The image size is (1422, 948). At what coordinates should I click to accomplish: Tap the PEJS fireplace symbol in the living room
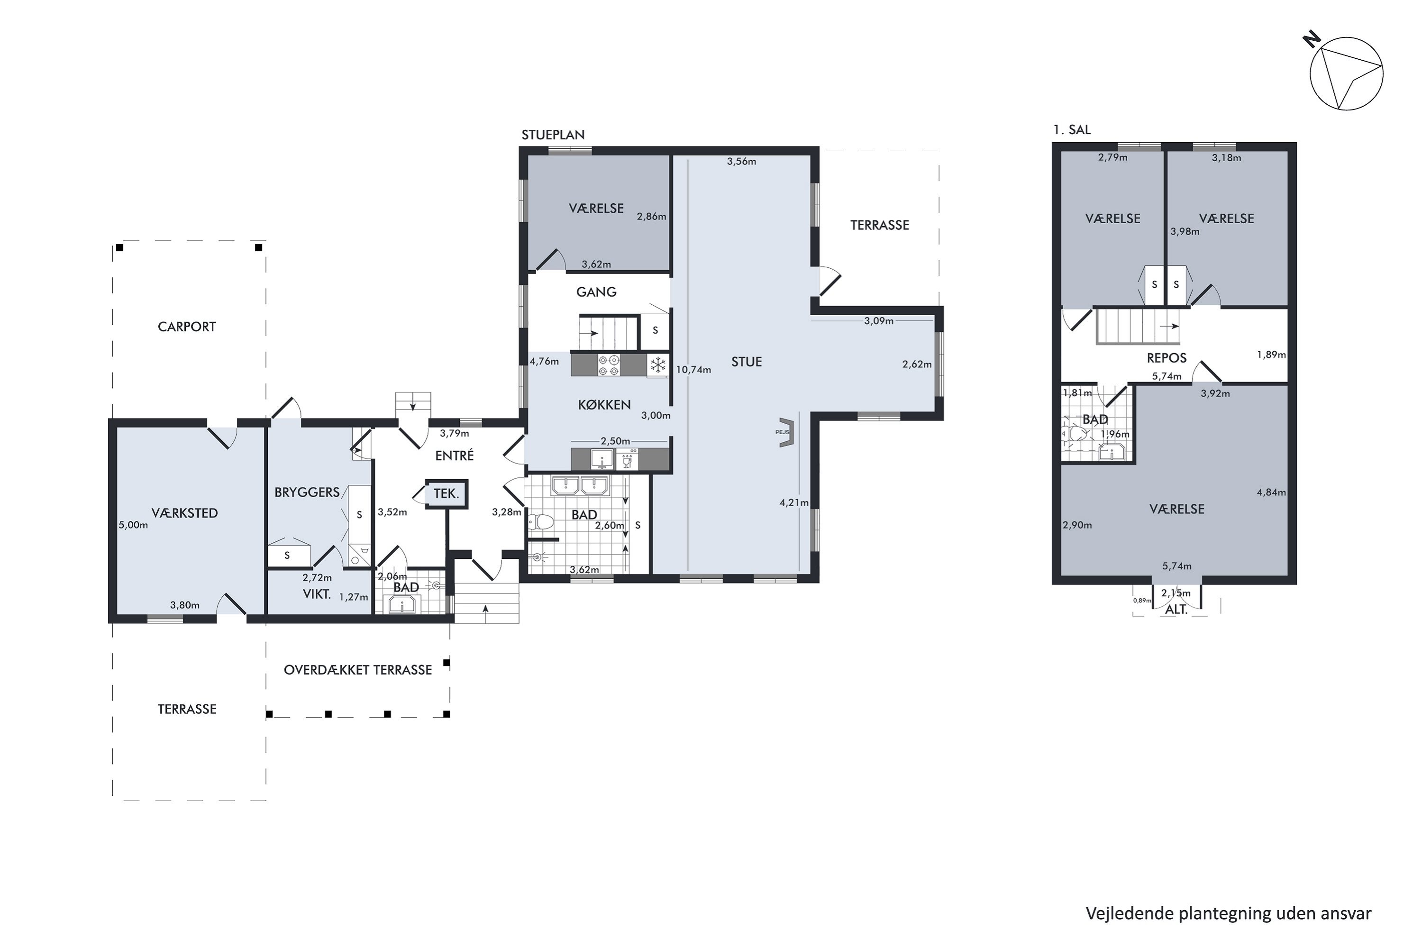786,432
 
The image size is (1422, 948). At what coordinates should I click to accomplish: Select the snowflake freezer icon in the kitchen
658,365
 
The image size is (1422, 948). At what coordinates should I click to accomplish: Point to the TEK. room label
446,494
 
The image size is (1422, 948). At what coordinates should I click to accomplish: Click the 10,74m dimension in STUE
693,369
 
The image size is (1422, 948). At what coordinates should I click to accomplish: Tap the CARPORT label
187,327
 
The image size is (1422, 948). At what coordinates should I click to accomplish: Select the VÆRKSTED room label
184,513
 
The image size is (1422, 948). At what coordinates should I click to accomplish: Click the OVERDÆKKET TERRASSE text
358,670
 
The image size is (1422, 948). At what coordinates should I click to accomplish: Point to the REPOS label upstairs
1166,358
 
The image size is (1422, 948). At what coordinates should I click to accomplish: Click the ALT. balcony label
1176,610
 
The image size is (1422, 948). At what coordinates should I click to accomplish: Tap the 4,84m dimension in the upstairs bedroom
1271,492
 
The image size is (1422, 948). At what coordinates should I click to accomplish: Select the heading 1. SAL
1071,130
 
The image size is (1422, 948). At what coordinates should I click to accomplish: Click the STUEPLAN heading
553,135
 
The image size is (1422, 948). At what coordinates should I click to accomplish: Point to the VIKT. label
317,594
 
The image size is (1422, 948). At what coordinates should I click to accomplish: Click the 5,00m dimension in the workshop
133,525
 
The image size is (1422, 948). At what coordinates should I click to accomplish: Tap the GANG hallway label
596,292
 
